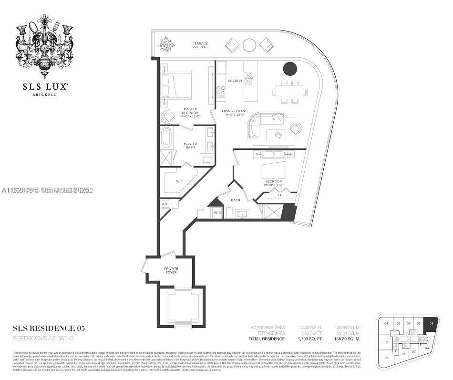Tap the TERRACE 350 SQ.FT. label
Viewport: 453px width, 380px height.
point(200,45)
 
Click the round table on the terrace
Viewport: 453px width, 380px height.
point(249,45)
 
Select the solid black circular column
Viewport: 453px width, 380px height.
point(290,69)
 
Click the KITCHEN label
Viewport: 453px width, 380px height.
point(235,81)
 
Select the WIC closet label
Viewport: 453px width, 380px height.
point(180,181)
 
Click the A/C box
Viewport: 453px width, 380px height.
point(165,204)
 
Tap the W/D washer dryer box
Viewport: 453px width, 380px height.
point(216,212)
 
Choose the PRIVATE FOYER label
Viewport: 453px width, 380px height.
point(171,270)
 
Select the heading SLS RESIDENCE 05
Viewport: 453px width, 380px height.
point(49,328)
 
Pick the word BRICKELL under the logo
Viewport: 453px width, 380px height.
point(44,95)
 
